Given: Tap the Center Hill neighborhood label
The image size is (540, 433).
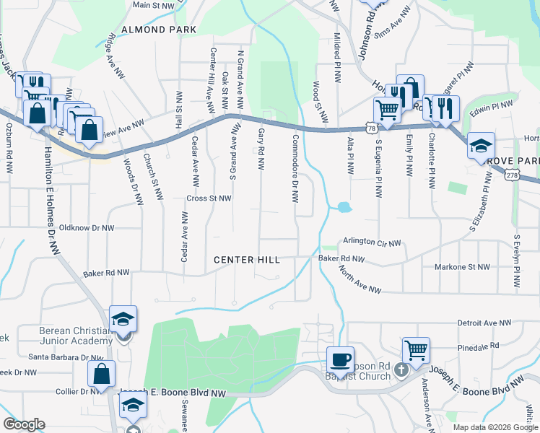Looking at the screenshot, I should pos(248,259).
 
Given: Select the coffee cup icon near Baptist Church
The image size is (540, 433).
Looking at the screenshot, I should pos(340,359).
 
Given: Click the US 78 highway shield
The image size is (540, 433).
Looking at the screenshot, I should pos(371,127).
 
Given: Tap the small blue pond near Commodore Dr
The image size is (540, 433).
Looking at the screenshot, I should pos(344,208).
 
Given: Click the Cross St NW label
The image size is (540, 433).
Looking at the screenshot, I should pos(209,198).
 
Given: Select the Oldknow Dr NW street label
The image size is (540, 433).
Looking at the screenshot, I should pos(87,228).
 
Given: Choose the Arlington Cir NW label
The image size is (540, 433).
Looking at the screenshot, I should pos(371,242).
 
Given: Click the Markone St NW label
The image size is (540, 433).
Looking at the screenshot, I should pos(463,267).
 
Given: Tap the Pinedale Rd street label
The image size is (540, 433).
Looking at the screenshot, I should pos(479,346).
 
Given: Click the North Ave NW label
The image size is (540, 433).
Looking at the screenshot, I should pos(360,279).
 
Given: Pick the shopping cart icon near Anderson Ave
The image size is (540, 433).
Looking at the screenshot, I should pos(416,351).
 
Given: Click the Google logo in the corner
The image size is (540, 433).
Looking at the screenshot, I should pos(24,424).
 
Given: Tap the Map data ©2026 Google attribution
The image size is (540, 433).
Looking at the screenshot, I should pos(495,427).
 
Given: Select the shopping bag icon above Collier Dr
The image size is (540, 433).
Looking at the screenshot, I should pos(101,374).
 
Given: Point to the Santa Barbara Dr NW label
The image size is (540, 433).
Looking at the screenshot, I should pos(66,357).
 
